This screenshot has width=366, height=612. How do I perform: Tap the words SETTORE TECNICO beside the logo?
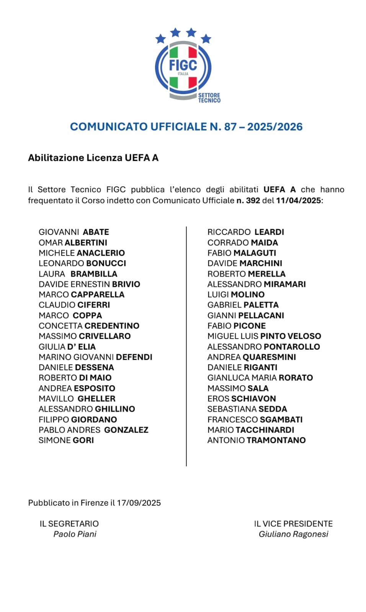click(209, 98)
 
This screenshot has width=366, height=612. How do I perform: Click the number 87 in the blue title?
click(230, 127)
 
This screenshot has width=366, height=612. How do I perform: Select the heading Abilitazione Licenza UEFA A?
click(93, 158)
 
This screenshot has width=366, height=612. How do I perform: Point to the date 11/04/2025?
click(298, 200)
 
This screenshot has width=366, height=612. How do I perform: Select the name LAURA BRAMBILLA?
click(78, 274)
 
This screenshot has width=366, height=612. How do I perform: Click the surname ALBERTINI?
click(86, 243)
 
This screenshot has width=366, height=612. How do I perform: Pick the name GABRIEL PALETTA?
click(243, 305)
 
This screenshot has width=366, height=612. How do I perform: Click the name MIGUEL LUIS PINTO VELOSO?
click(264, 336)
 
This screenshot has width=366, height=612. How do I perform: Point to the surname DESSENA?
click(95, 367)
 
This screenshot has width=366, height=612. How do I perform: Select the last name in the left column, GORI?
click(83, 440)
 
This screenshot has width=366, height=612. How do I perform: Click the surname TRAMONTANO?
click(276, 440)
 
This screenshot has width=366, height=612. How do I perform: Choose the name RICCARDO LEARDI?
click(246, 232)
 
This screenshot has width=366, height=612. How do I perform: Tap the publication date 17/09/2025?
click(139, 503)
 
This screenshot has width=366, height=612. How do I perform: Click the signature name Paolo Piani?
click(75, 534)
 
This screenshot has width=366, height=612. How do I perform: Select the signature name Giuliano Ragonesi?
click(293, 534)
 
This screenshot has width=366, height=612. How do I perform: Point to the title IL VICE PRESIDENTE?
click(293, 524)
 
